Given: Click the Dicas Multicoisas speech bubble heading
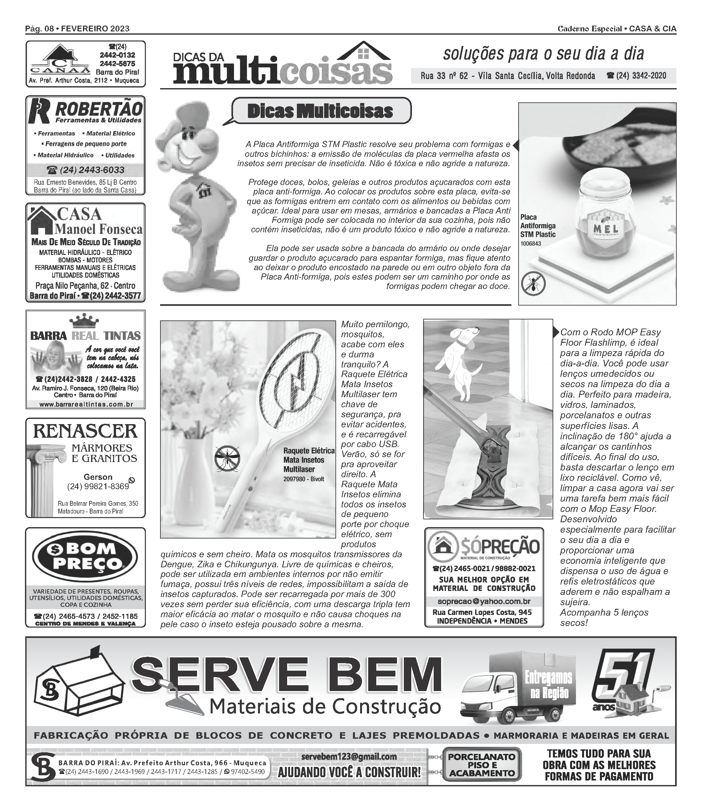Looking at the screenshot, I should pos(320,111).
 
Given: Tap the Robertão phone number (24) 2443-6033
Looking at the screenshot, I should pos(85,170).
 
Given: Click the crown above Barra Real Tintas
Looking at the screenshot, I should pos(85,320).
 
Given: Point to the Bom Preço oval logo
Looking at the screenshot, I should pos(85,556).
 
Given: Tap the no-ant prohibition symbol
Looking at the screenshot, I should pos(533,283).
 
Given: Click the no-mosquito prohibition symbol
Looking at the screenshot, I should pos(227,458).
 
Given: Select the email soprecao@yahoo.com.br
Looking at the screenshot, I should pos(484,601).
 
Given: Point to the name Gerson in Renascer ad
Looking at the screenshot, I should pos(98,477).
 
